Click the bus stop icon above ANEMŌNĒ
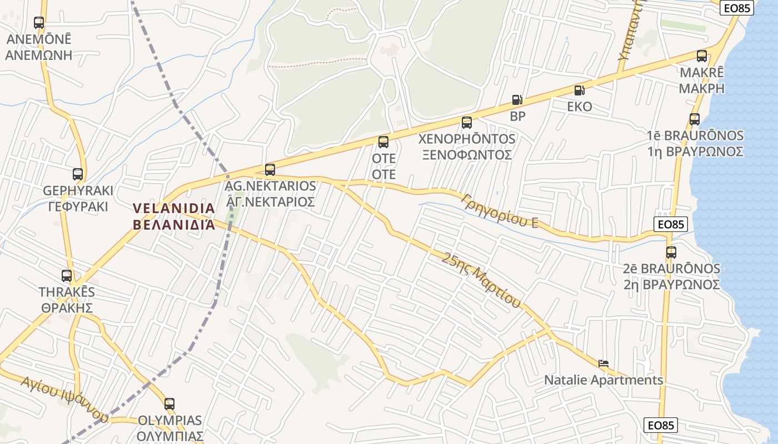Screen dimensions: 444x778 pos(38,23)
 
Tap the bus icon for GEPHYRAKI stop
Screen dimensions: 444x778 pos(78,174)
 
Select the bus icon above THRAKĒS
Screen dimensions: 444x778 pos(67,276)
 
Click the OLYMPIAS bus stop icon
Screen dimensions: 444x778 pos(169,404)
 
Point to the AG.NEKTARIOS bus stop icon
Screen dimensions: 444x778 pos(270,170)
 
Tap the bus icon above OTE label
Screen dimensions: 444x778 pos(383,142)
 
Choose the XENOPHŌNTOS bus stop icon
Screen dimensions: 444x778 pos(467,123)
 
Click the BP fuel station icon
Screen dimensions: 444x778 pos(517,100)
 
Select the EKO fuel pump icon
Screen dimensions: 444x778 pos(579,90)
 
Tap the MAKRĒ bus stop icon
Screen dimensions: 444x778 pos(702,56)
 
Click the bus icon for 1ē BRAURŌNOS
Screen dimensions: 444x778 pos(695,119)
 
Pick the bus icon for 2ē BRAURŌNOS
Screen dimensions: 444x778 pos(671,253)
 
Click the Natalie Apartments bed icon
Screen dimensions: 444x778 pos(604,364)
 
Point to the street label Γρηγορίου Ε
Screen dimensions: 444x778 pos(500,211)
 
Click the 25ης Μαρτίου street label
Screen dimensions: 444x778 pos(482,280)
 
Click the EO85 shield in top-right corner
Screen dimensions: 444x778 pos(737,8)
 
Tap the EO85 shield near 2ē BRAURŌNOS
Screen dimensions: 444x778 pos(671,224)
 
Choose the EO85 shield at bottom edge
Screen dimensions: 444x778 pos(661,425)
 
